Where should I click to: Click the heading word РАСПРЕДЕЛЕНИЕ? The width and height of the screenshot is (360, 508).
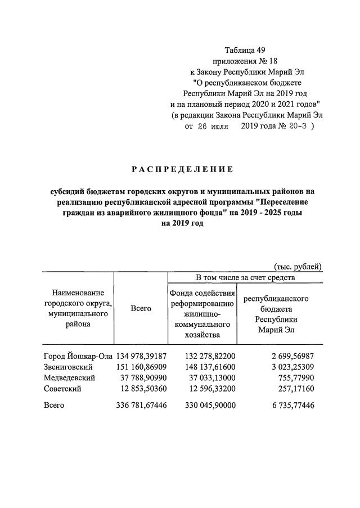point(182,169)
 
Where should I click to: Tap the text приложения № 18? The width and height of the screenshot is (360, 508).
point(245,60)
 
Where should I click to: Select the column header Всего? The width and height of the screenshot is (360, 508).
point(141,308)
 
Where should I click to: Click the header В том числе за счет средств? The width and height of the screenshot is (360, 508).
point(245,277)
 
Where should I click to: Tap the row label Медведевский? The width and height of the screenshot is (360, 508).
point(69,377)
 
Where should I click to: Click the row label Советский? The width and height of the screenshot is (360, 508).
point(63,388)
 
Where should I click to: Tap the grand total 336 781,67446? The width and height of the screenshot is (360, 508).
point(142,405)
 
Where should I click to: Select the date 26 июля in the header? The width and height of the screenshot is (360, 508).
point(212,127)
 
